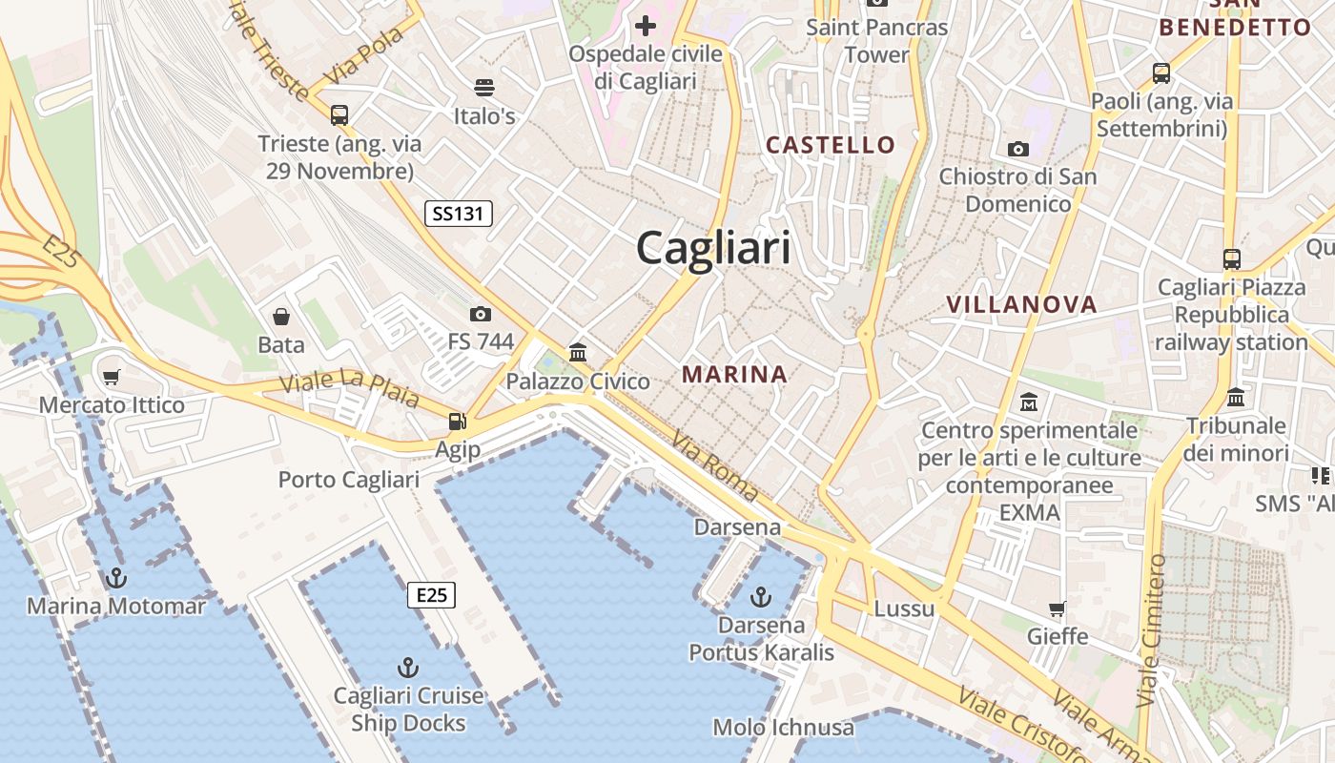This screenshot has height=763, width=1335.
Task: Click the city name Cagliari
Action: [713, 248]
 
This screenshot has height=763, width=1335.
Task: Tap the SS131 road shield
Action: [459, 214]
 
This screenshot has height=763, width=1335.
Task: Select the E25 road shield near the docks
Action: [432, 595]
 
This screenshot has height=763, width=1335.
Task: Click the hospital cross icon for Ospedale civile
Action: [646, 25]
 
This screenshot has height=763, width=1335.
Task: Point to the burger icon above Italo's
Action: [484, 88]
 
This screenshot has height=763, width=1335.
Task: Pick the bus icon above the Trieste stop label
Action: [339, 115]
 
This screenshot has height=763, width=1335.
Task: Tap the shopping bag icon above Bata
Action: [281, 317]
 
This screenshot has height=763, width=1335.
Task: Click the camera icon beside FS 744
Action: [481, 314]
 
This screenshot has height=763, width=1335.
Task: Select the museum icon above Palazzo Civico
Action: [578, 353]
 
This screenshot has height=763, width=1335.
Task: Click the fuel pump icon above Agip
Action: [458, 421]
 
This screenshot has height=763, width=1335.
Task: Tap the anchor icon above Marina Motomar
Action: [116, 577]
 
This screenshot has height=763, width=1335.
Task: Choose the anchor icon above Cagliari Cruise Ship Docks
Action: [408, 667]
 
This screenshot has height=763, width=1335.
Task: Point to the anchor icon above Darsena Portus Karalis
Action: [761, 597]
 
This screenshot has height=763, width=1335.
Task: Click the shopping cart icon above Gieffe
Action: [1058, 608]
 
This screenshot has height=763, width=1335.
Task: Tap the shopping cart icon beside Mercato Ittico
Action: [112, 377]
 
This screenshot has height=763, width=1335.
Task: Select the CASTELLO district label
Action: [831, 145]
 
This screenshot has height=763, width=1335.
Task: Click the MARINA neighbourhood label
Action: [734, 375]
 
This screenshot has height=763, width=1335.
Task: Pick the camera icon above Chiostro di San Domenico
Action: [1018, 149]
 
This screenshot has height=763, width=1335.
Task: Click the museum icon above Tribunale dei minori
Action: [1236, 397]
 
